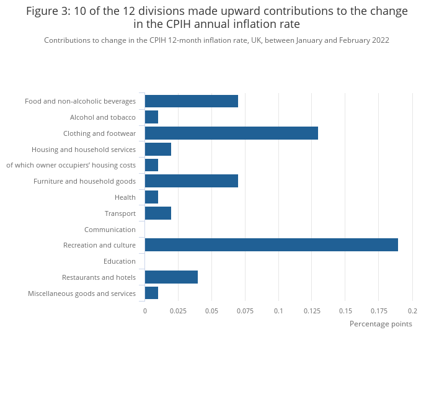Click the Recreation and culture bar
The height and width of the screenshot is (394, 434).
click(x=271, y=245)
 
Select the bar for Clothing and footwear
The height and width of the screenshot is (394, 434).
click(x=231, y=133)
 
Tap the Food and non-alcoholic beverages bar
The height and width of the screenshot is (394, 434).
click(x=191, y=101)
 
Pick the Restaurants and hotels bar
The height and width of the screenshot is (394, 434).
click(x=171, y=277)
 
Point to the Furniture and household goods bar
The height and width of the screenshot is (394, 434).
click(x=191, y=181)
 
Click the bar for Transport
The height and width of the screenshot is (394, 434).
click(x=157, y=213)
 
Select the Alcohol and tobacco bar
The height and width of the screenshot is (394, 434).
click(x=151, y=117)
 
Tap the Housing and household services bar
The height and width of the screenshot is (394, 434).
click(x=157, y=150)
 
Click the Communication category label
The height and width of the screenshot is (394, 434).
click(x=110, y=230)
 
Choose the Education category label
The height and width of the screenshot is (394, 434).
click(x=120, y=261)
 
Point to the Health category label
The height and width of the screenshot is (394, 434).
click(x=125, y=197)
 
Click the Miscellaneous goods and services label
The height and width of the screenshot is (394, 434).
click(x=82, y=293)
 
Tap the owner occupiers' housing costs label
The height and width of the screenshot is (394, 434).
click(x=71, y=165)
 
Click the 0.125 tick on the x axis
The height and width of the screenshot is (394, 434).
click(x=312, y=311)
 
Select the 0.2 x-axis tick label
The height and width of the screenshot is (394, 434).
click(x=412, y=311)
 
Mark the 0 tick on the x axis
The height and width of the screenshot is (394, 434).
click(x=145, y=311)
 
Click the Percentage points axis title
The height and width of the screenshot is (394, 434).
click(x=381, y=324)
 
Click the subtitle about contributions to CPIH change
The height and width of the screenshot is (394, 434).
click(x=216, y=40)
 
